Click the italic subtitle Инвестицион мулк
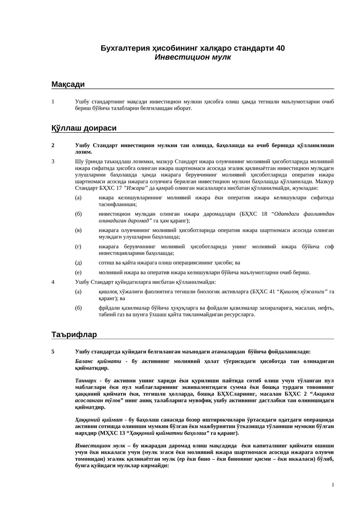193,57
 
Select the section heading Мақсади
68,84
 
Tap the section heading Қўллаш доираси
84,128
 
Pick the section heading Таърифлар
74,334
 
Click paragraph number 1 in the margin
53,102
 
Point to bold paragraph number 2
53,145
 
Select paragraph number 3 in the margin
53,161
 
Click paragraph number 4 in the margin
53,282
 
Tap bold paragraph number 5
53,352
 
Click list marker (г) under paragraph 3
78,246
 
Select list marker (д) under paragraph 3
79,262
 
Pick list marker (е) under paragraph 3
78,272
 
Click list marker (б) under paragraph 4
79,308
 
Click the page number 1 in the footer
333,485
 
